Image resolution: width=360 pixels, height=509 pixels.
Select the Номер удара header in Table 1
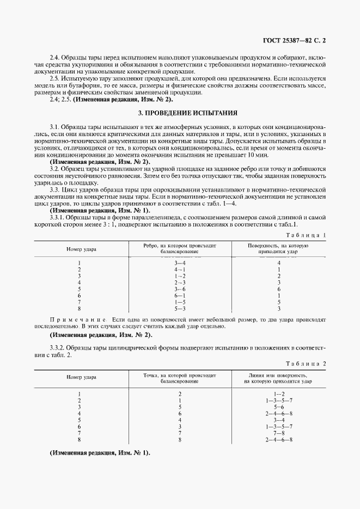pos(81,249)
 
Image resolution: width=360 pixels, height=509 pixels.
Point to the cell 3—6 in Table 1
pos(180,289)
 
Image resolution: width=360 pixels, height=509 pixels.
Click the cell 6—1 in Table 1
pos(180,296)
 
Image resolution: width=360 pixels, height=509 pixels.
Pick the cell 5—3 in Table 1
pos(180,309)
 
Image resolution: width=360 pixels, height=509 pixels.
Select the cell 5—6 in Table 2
pos(279,407)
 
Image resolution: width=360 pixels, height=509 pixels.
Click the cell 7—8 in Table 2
pos(279,433)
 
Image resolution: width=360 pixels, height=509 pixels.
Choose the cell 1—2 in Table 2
pos(279,394)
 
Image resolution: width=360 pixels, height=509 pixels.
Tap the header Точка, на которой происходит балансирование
pos(180,378)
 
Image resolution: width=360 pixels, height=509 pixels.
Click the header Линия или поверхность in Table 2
pos(278,375)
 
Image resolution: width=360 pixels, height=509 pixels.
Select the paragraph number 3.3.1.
pos(58,218)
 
